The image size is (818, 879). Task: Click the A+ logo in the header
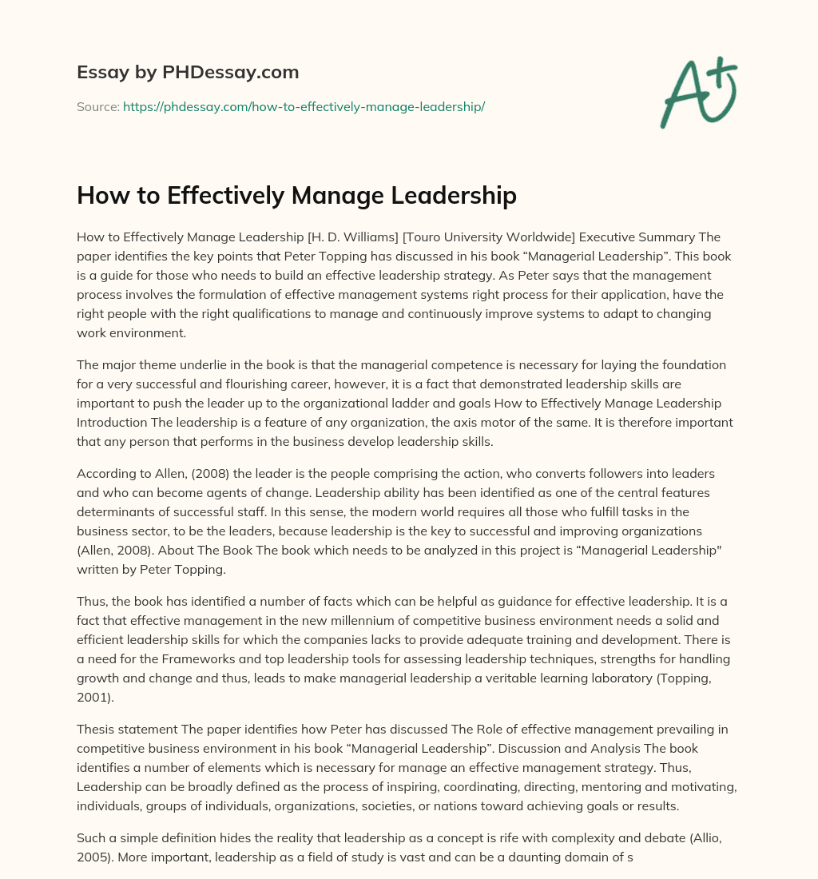697,91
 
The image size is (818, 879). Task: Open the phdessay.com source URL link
304,106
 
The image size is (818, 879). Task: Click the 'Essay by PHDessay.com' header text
188,73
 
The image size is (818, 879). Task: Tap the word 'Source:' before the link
97,106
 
